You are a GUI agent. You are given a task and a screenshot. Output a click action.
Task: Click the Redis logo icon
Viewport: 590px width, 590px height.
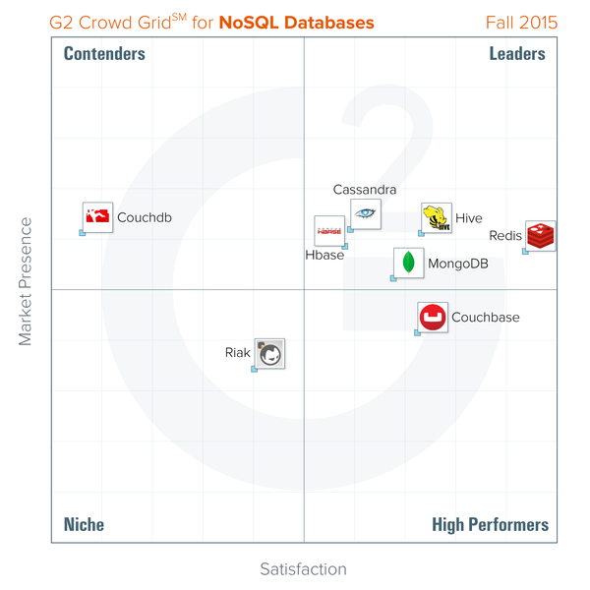540,236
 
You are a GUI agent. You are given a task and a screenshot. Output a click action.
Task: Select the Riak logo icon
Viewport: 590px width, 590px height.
270,353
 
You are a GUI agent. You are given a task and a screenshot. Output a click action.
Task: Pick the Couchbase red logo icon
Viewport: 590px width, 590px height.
433,318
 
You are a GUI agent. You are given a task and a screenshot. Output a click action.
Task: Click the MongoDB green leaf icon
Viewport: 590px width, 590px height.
408,264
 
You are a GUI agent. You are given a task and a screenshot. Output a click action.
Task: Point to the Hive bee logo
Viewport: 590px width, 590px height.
437,218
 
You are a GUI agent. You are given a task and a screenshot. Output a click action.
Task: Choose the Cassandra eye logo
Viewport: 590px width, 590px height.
366,213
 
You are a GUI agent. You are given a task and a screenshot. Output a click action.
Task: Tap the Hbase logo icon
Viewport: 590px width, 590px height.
328,231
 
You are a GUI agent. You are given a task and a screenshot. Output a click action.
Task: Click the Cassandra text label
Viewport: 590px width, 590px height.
365,190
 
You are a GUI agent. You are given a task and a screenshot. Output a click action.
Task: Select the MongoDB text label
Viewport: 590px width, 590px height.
458,264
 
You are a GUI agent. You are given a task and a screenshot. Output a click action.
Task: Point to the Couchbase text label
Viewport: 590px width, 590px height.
486,318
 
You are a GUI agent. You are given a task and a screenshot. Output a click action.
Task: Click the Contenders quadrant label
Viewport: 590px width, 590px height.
104,54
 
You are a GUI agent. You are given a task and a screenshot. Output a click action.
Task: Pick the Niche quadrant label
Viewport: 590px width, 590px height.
84,525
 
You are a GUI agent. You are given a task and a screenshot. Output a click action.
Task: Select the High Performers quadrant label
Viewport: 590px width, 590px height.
490,525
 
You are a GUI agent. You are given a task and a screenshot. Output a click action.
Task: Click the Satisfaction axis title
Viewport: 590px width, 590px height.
303,569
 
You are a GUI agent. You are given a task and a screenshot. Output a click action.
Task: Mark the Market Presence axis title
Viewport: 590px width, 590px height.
26,281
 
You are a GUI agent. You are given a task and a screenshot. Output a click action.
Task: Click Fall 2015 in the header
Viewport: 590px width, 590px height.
521,22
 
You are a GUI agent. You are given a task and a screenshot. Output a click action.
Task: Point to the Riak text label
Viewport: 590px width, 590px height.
238,352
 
